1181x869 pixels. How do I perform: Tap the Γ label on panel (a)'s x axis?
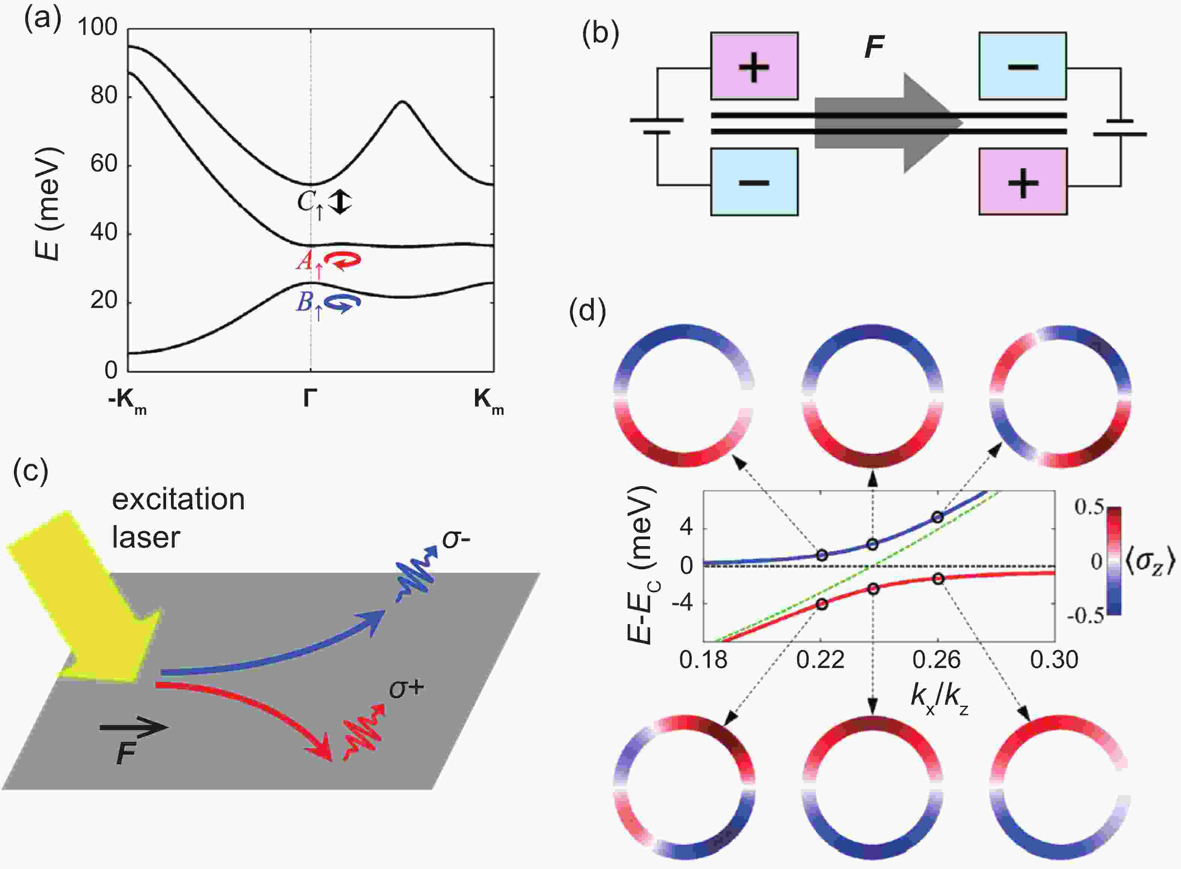pyautogui.click(x=310, y=399)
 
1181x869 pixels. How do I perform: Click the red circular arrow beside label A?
pyautogui.click(x=342, y=260)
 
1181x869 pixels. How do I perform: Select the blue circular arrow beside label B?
pyautogui.click(x=342, y=303)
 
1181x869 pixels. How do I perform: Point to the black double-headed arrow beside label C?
pyautogui.click(x=341, y=201)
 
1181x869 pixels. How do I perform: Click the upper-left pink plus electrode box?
pyautogui.click(x=754, y=66)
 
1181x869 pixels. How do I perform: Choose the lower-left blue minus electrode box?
pyautogui.click(x=754, y=182)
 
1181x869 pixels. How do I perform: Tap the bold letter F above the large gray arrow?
pyautogui.click(x=874, y=47)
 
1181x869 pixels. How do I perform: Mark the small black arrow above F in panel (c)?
pyautogui.click(x=134, y=728)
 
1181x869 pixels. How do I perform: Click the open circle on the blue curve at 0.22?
pyautogui.click(x=822, y=555)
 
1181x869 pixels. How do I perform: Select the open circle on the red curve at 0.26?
pyautogui.click(x=938, y=579)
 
